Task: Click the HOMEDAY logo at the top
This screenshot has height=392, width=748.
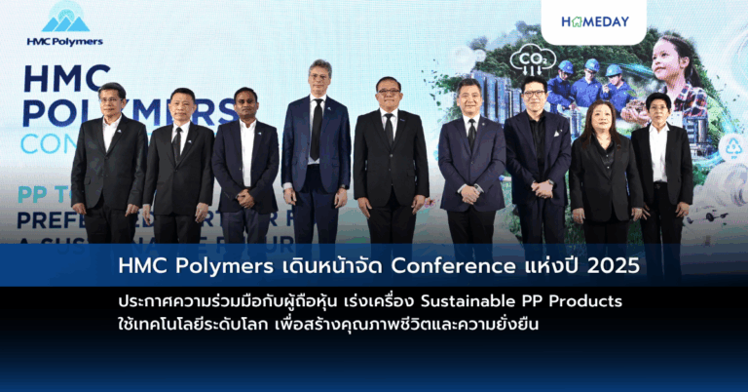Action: pyautogui.click(x=594, y=20)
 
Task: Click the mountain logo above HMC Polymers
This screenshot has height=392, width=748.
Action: pyautogui.click(x=65, y=19)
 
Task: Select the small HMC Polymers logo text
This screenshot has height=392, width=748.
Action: pyautogui.click(x=65, y=41)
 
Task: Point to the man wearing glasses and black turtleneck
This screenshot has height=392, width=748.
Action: pyautogui.click(x=537, y=156)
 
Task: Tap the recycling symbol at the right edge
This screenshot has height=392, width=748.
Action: pyautogui.click(x=732, y=147)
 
